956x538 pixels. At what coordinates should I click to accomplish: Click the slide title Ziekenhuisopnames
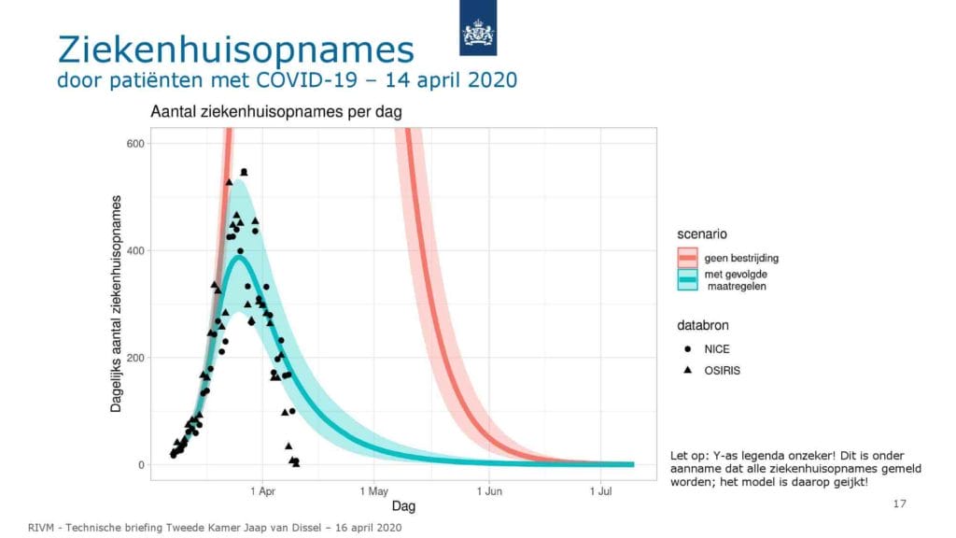coord(236,50)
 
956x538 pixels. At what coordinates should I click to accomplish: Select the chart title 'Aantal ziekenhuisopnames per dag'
coord(276,112)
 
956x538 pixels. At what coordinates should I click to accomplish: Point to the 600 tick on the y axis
coord(136,143)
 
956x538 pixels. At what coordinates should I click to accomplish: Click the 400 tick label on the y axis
coord(136,250)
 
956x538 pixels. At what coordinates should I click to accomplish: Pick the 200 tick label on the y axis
coord(136,358)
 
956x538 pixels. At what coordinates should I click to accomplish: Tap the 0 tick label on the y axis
coord(142,465)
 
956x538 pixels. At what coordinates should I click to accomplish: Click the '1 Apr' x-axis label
coord(262,491)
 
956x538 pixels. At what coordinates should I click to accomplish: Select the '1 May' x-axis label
coord(373,491)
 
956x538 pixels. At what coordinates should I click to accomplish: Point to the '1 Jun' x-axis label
coord(489,491)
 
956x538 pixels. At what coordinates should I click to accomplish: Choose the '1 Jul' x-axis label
coord(600,491)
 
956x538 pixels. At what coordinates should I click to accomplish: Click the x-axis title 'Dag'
coord(403,505)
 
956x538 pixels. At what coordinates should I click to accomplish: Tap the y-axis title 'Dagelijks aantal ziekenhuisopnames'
coord(116,304)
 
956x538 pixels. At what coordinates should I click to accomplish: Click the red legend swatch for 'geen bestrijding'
coord(687,258)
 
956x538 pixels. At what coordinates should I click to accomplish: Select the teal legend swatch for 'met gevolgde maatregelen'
coord(687,279)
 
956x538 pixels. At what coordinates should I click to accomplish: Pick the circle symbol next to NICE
coord(688,349)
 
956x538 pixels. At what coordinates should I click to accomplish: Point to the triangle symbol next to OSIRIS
coord(688,370)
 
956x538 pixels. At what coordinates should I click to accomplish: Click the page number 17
coord(899,503)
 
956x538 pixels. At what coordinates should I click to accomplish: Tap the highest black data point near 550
coord(244,172)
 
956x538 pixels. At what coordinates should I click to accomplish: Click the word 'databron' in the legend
coord(702,325)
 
